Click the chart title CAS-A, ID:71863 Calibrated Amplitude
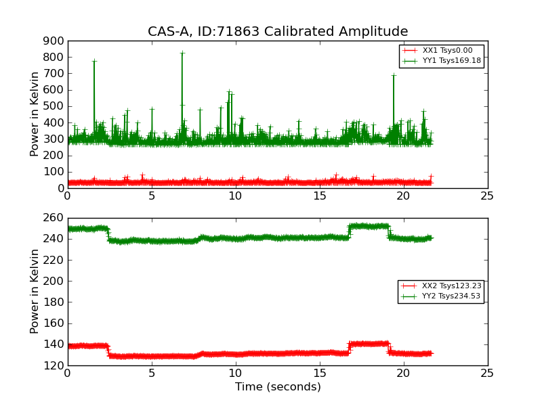click(x=278, y=32)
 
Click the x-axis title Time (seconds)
click(x=278, y=387)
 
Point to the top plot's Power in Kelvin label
click(x=35, y=114)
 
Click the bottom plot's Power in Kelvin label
click(x=35, y=292)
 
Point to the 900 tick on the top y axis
click(x=54, y=41)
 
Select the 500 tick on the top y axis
click(x=54, y=106)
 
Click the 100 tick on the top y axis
click(x=54, y=172)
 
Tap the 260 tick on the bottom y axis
click(x=54, y=218)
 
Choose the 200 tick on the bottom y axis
click(x=54, y=281)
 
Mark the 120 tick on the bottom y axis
click(x=54, y=365)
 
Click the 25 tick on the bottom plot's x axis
click(x=487, y=374)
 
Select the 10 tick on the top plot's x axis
click(x=235, y=197)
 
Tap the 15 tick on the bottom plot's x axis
click(x=319, y=374)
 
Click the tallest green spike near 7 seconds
click(x=182, y=53)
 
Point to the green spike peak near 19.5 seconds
click(x=394, y=75)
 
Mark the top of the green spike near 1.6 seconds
click(x=94, y=61)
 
